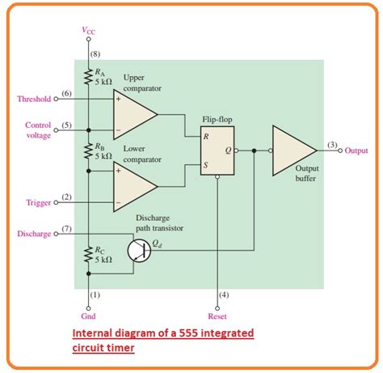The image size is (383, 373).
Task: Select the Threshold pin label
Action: (x=34, y=100)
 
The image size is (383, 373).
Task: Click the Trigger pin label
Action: (x=40, y=201)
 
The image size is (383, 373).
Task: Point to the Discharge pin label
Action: (x=33, y=234)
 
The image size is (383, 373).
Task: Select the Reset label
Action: (x=217, y=317)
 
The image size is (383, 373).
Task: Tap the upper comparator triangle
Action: (x=133, y=116)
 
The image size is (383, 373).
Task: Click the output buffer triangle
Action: (x=291, y=150)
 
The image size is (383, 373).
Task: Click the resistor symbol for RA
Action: (x=87, y=78)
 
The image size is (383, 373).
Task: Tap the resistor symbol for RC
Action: (x=87, y=256)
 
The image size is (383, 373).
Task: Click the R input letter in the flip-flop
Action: (x=207, y=136)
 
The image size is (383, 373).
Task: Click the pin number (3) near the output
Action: (x=332, y=144)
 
